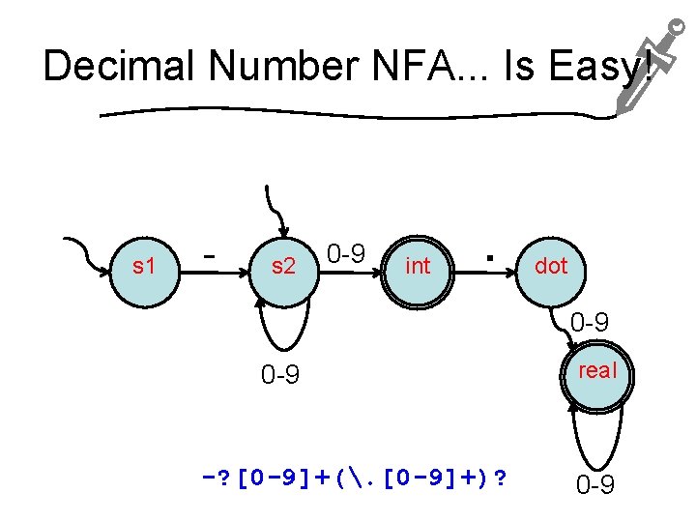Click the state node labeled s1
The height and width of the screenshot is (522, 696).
pyautogui.click(x=144, y=265)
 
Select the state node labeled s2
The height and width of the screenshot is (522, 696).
pyautogui.click(x=282, y=265)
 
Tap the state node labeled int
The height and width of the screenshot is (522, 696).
pyautogui.click(x=418, y=265)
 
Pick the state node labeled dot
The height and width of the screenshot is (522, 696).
pyautogui.click(x=551, y=265)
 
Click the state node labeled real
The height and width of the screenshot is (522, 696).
pyautogui.click(x=597, y=371)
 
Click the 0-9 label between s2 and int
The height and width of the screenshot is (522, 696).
pyautogui.click(x=345, y=254)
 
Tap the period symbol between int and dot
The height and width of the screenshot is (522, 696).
pyautogui.click(x=491, y=258)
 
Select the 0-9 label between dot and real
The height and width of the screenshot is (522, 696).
pyautogui.click(x=590, y=323)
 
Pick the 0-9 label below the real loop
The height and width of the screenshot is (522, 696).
pyautogui.click(x=595, y=484)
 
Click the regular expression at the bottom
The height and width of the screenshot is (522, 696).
pyautogui.click(x=354, y=478)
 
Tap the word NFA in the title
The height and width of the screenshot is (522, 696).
pyautogui.click(x=413, y=68)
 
